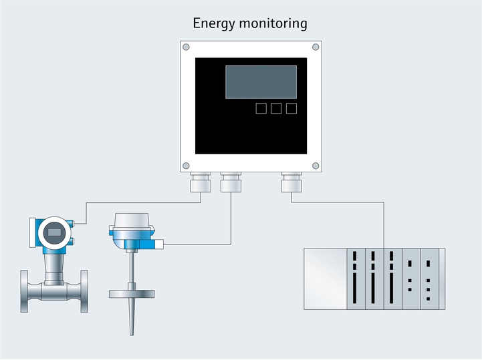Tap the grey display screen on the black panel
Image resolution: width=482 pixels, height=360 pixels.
click(261, 81)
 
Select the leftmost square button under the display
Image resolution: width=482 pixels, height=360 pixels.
click(261, 108)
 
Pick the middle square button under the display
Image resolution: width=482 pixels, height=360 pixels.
click(276, 108)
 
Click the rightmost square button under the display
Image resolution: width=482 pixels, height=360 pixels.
click(291, 108)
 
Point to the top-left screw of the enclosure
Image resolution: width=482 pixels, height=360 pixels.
click(186, 47)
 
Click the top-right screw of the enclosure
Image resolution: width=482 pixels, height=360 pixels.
click(316, 47)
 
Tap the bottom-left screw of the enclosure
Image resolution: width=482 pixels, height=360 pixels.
click(186, 165)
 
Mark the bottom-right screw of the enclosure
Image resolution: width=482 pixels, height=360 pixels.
click(316, 165)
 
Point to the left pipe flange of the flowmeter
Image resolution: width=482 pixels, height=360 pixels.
click(25, 291)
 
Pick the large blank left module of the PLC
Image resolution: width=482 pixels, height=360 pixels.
click(325, 279)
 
